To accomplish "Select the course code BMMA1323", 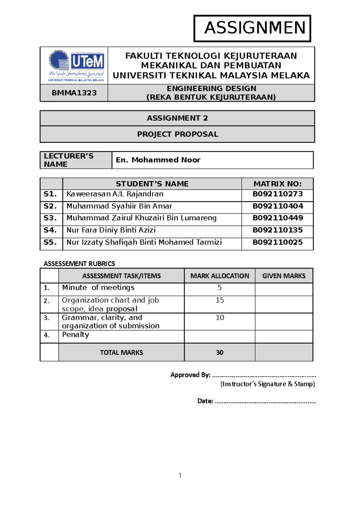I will (74, 93).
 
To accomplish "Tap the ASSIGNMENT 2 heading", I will (177, 118).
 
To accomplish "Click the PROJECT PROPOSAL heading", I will (178, 134).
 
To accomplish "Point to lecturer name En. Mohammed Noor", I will (158, 160).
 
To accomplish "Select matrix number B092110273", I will (277, 194).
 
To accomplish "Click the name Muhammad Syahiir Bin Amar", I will (119, 206).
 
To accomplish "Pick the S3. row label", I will (50, 218).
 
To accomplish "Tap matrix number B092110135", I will (277, 230).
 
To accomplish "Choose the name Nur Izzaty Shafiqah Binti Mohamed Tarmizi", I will (144, 242).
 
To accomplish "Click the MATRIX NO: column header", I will (277, 184).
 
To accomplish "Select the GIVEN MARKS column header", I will (284, 276).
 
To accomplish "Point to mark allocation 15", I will (220, 300).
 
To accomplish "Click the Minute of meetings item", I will (98, 287).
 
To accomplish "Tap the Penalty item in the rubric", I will (75, 335).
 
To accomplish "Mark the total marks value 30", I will (220, 353).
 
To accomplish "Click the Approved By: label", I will (190, 375).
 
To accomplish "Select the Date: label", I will (205, 401).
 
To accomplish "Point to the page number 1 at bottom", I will (180, 475).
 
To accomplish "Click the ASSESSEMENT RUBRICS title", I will (79, 264).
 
